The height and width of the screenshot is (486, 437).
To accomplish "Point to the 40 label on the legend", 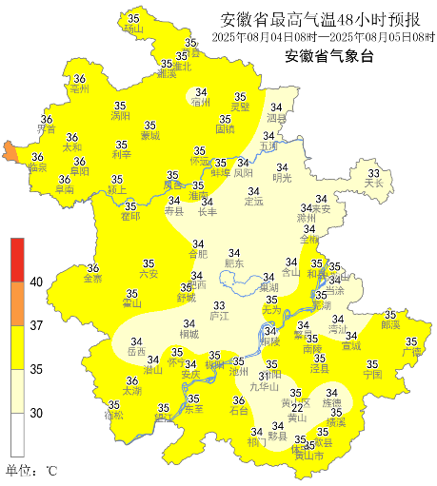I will point(36,282).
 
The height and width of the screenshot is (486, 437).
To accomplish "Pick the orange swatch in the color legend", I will point(17,304).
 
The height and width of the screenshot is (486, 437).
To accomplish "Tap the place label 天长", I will point(373,183).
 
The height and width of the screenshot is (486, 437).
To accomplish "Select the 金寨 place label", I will point(93,279).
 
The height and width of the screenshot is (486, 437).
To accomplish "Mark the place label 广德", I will point(411,353).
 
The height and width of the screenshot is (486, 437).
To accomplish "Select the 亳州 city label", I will point(79,88).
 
